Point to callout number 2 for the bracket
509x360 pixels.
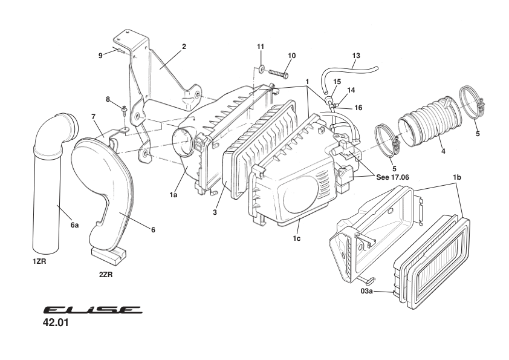click(x=184, y=46)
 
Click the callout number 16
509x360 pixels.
click(x=358, y=107)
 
